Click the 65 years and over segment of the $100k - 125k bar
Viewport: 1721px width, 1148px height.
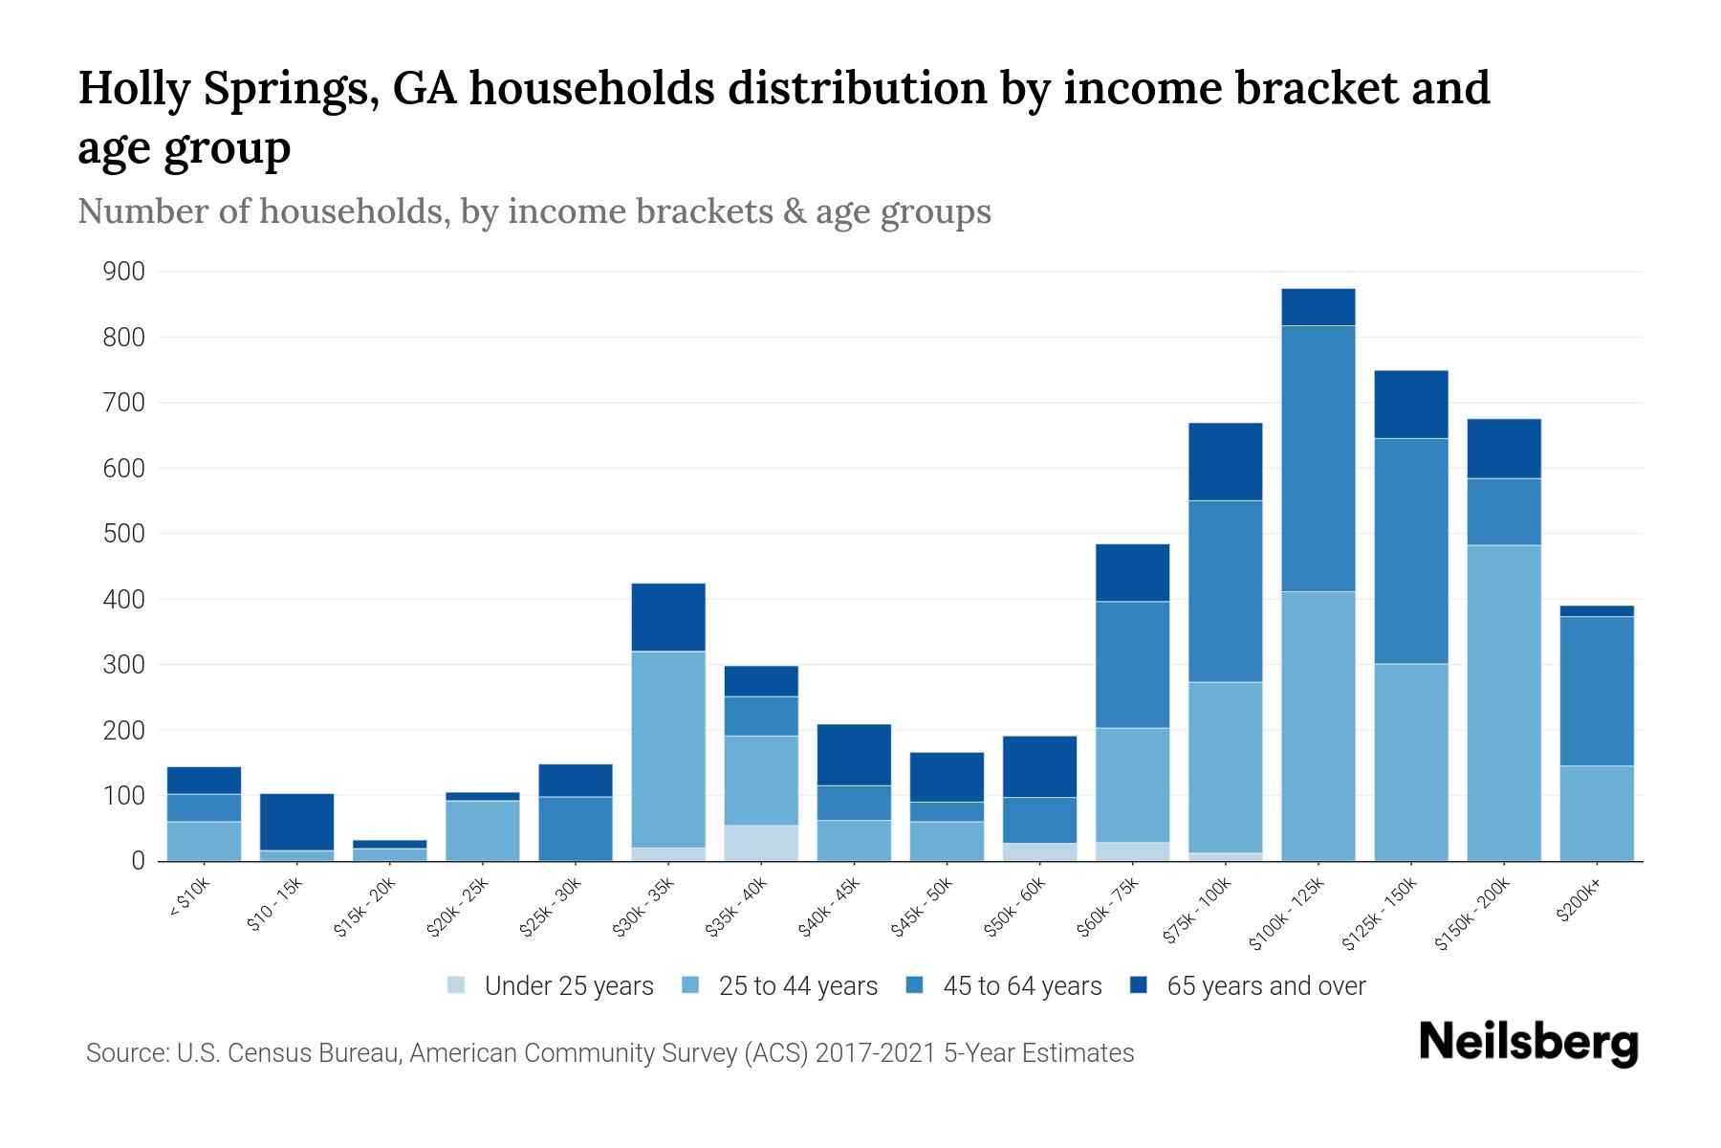click(x=1318, y=307)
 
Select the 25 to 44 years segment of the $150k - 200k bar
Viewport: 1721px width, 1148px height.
click(x=1504, y=702)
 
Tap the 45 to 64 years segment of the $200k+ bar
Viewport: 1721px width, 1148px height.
click(x=1597, y=691)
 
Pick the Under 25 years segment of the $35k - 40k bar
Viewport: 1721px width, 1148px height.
click(x=761, y=843)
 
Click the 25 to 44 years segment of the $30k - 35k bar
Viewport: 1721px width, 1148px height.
click(x=668, y=749)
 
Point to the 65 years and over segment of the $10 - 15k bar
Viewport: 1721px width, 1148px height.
click(x=296, y=822)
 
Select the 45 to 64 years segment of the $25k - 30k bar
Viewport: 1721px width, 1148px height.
click(x=576, y=828)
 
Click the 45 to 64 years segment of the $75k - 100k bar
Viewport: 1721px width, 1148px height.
click(x=1225, y=591)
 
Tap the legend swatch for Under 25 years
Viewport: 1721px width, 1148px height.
click(x=457, y=985)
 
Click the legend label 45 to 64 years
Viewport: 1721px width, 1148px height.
click(x=1021, y=986)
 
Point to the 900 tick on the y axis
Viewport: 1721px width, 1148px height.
click(x=123, y=273)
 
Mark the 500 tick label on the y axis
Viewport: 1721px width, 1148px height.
click(x=123, y=534)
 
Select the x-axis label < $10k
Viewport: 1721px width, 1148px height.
click(x=190, y=899)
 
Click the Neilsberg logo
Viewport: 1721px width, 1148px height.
click(x=1528, y=1043)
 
